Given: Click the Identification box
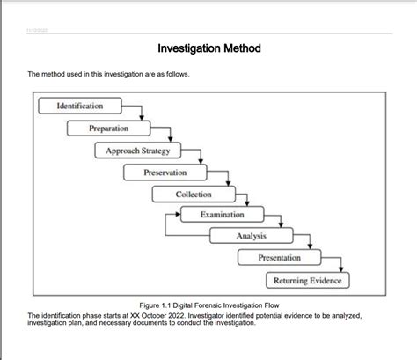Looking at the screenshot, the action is click(x=79, y=107).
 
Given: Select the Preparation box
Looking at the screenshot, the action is click(x=108, y=129).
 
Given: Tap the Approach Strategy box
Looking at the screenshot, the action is click(x=137, y=151).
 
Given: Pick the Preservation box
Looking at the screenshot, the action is click(x=165, y=173).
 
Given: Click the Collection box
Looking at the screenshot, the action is click(x=194, y=195).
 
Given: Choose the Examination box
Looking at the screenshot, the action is click(x=222, y=215).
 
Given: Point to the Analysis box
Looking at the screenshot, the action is click(x=251, y=236).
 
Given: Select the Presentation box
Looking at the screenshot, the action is click(x=279, y=258).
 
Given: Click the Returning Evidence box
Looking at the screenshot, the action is click(x=307, y=280).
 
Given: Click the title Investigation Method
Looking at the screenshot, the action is click(x=208, y=48).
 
